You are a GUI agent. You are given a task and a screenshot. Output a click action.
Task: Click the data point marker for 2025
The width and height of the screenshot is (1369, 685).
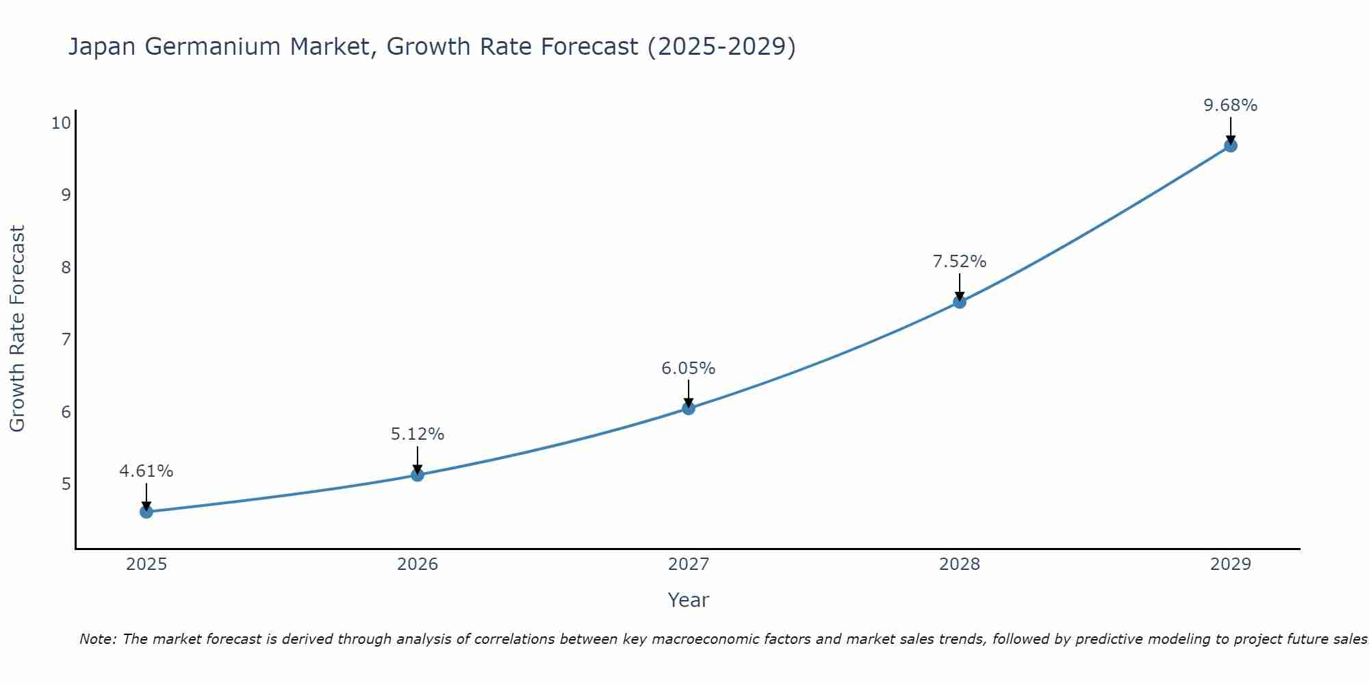coord(146,512)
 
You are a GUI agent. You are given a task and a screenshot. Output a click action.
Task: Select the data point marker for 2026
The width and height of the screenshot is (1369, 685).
coord(418,475)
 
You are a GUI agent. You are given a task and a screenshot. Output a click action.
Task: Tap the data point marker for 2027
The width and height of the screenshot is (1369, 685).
coord(689,408)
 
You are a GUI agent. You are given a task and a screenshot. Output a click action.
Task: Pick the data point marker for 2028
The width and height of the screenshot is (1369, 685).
coord(960,302)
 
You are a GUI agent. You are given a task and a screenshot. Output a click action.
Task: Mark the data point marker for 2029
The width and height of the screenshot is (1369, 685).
coord(1231,146)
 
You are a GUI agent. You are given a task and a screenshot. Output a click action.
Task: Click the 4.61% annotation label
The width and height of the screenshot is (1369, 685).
coord(146,471)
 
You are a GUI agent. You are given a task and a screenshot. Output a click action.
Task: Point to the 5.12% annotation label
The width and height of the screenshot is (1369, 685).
coord(418,434)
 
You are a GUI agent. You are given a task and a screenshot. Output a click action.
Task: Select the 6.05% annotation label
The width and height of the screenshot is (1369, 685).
coord(689,369)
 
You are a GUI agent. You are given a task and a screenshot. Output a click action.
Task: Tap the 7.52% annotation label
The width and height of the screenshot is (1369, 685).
coord(960,262)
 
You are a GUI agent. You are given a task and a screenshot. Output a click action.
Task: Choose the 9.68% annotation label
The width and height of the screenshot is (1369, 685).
coord(1231,105)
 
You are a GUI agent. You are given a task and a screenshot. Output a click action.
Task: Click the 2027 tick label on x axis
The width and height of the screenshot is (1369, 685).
coord(689,564)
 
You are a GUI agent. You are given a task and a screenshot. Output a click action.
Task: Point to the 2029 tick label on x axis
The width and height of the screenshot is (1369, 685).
coord(1231,564)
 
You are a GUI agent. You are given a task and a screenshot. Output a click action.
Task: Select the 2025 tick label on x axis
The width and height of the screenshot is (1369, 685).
coord(146,564)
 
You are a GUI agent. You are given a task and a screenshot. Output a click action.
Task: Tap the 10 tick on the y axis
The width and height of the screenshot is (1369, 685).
coord(61,123)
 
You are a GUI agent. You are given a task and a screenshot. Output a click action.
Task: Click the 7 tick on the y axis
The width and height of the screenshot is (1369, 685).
coord(66,340)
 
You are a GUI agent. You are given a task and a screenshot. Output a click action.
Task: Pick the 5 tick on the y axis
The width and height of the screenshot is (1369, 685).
coord(66,484)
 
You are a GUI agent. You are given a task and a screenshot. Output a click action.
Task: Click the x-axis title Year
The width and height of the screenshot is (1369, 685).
coord(689,600)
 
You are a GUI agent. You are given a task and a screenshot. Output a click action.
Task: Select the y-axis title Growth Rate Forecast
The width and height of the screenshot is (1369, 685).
coord(17,329)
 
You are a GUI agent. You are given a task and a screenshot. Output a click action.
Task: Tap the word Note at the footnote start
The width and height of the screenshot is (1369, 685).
coord(97,639)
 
